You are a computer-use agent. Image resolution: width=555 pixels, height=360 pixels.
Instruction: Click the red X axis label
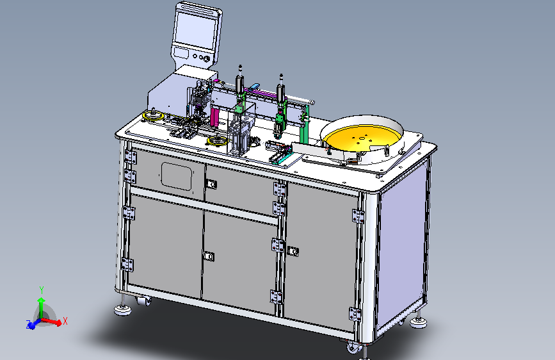[x=65, y=322]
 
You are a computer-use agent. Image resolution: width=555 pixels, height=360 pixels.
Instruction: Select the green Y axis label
[x=42, y=290]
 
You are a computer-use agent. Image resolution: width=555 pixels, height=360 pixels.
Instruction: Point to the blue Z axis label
[x=28, y=324]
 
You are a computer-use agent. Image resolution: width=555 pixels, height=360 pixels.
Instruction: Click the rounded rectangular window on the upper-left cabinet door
[x=177, y=176]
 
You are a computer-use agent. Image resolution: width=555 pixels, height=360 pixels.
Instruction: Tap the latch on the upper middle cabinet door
[x=211, y=184]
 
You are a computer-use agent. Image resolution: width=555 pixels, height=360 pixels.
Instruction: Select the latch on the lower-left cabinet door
[x=209, y=256]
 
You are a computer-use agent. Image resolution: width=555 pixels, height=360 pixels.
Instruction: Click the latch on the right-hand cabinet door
[x=293, y=251]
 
